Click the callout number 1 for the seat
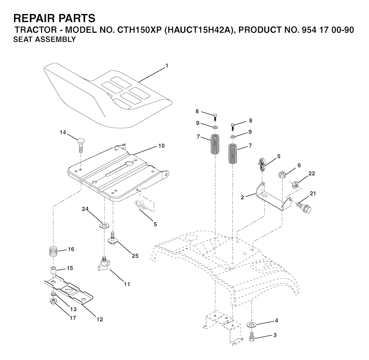(x=167, y=66)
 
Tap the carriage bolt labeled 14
(x=80, y=146)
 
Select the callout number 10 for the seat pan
(x=161, y=146)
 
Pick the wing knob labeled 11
(x=103, y=264)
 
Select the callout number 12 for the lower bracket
(x=100, y=319)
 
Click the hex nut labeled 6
(x=282, y=174)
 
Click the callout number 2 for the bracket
(x=243, y=197)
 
